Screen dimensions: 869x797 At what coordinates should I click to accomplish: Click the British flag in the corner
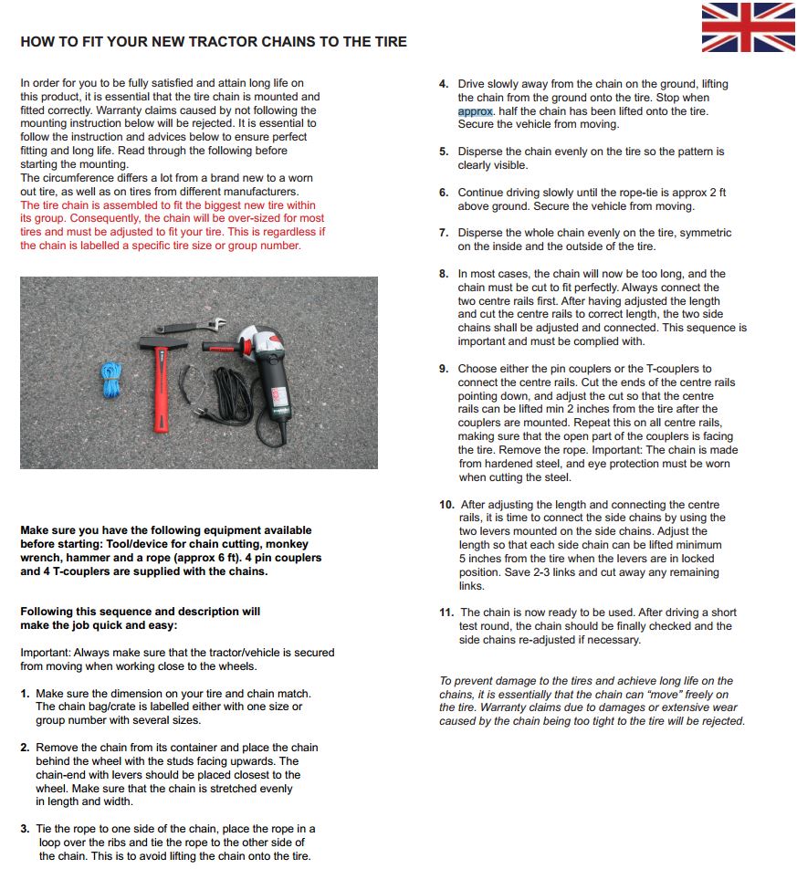point(748,27)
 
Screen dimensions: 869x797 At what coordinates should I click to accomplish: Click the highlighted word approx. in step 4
point(476,111)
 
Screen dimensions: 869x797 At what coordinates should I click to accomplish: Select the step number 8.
point(444,274)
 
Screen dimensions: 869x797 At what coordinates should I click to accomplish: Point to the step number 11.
point(446,612)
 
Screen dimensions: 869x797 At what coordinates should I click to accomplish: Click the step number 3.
point(25,829)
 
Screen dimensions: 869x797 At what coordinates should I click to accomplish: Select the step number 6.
point(444,193)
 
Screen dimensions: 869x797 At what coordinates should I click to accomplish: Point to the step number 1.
point(25,694)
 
